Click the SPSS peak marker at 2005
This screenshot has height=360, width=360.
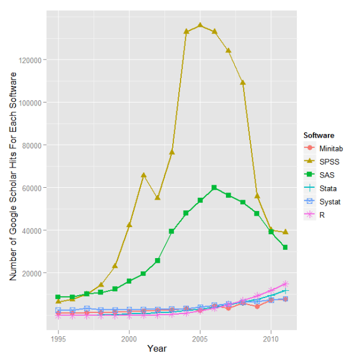(x=200, y=25)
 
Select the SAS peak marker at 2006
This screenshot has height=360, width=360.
(x=215, y=188)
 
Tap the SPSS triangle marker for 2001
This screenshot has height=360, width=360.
(x=144, y=175)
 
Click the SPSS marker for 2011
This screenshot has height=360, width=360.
(x=285, y=231)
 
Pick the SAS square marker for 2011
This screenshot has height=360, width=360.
(x=285, y=247)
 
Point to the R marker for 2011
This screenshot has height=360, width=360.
(x=285, y=284)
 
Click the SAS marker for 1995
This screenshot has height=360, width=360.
(x=58, y=297)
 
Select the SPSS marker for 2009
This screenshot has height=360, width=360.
(x=257, y=195)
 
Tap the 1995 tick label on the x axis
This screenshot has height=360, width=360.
(x=58, y=339)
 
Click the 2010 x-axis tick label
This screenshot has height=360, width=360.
(x=271, y=339)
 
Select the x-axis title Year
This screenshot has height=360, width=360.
(x=157, y=348)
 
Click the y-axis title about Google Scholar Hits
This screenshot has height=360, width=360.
(x=13, y=177)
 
